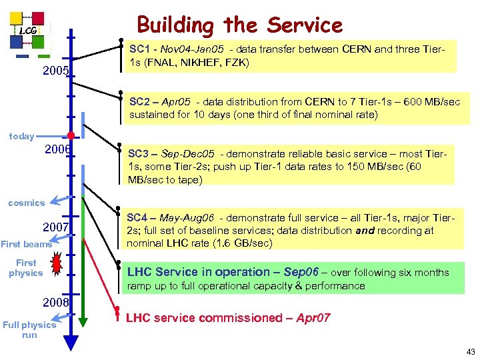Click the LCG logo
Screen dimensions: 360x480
click(28, 31)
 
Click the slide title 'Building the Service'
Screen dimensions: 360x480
click(239, 25)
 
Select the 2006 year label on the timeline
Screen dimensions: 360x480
click(57, 149)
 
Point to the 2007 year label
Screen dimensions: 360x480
click(56, 228)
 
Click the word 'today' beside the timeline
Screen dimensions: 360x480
click(21, 136)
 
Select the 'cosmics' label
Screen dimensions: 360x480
click(26, 203)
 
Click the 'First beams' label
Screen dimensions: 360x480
click(26, 244)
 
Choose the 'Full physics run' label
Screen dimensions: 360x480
click(29, 330)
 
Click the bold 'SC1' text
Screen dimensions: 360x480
click(139, 49)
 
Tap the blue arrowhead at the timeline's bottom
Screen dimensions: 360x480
click(71, 343)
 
